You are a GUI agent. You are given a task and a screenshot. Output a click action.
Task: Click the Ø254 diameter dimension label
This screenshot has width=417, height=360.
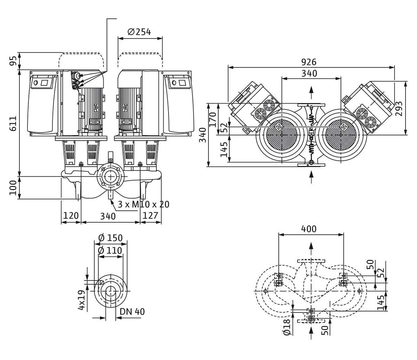coord(139,32)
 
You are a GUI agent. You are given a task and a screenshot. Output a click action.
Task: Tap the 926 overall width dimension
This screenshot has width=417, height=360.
coord(309,62)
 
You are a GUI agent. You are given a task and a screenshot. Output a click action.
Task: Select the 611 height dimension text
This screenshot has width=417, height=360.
coord(13,123)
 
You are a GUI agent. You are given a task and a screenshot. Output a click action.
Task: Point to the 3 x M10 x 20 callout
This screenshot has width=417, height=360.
coord(144,204)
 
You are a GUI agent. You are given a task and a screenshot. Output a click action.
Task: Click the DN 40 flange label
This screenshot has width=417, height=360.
coord(132,312)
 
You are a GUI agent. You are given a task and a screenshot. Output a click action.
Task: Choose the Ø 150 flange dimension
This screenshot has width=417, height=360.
coord(110,238)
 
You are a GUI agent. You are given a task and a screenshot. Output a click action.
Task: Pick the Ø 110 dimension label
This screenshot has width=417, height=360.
coord(110,251)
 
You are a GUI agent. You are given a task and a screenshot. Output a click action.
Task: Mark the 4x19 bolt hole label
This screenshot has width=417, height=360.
coord(81,300)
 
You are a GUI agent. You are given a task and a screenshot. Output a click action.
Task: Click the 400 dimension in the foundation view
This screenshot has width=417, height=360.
coord(309,229)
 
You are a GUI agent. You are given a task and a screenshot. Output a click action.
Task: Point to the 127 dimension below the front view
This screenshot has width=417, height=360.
coord(150,216)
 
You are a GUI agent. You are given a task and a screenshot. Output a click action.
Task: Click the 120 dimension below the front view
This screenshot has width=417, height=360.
coord(71,216)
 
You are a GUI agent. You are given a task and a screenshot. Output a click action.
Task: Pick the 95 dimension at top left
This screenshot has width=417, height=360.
coord(13,61)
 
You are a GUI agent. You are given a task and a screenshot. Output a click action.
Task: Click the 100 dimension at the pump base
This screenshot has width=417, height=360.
coord(13,188)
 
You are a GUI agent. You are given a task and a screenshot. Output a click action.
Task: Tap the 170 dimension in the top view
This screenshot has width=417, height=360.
coord(213,119)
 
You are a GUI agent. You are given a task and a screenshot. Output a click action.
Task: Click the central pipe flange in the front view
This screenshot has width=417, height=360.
coord(111,177)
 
